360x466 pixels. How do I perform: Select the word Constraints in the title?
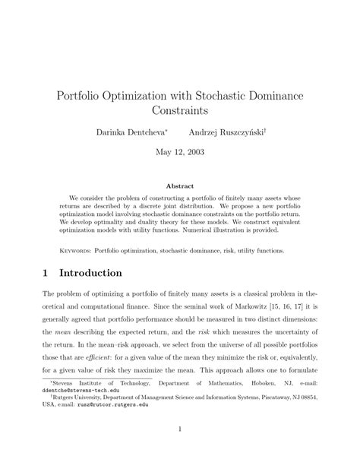coord(180,113)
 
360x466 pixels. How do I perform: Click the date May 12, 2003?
coord(180,152)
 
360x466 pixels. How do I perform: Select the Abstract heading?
coord(180,185)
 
